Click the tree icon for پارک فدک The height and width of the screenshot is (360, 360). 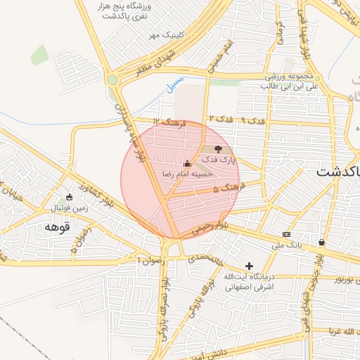point(217,149)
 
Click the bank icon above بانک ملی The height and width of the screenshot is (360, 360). point(286,234)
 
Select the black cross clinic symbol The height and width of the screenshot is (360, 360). point(249,266)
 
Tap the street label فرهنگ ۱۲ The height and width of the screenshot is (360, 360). point(174,123)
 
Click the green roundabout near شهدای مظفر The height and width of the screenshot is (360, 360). point(112,80)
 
